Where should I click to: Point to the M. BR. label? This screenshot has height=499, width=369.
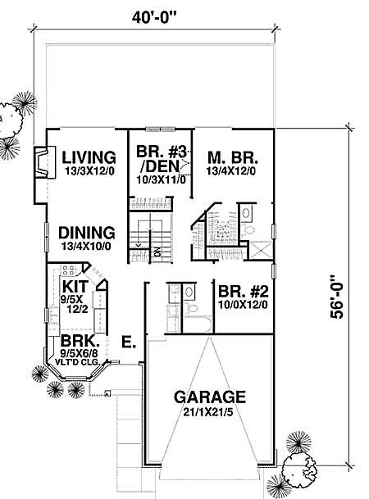232,157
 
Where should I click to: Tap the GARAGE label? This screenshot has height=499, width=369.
210,396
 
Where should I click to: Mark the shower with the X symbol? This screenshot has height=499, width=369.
258,252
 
